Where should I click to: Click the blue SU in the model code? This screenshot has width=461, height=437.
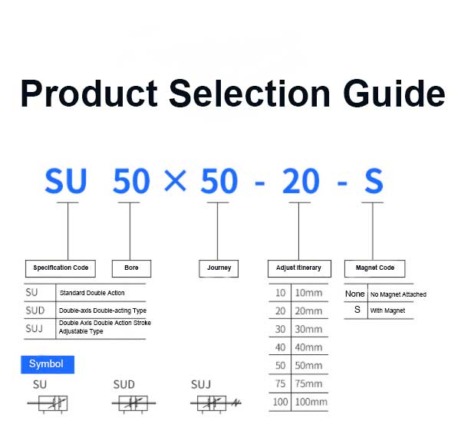point(66,182)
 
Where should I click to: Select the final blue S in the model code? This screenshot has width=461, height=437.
point(373,182)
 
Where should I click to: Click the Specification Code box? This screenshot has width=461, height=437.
point(61,268)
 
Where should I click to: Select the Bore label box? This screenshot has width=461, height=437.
point(131,268)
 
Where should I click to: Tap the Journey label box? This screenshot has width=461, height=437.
point(219,268)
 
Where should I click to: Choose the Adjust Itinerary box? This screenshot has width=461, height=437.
point(298,268)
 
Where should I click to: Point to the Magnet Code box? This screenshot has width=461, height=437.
point(375,268)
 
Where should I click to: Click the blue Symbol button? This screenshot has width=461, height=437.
point(47,364)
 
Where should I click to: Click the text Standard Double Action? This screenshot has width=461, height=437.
point(92,293)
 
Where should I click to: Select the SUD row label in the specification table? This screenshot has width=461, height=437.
point(35,310)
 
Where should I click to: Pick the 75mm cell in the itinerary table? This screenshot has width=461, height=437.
point(309,384)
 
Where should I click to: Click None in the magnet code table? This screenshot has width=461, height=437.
point(355,294)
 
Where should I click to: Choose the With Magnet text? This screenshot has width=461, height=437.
point(387,310)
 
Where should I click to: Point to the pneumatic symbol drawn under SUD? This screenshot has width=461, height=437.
point(135,403)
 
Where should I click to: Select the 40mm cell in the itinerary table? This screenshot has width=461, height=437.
point(309,347)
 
